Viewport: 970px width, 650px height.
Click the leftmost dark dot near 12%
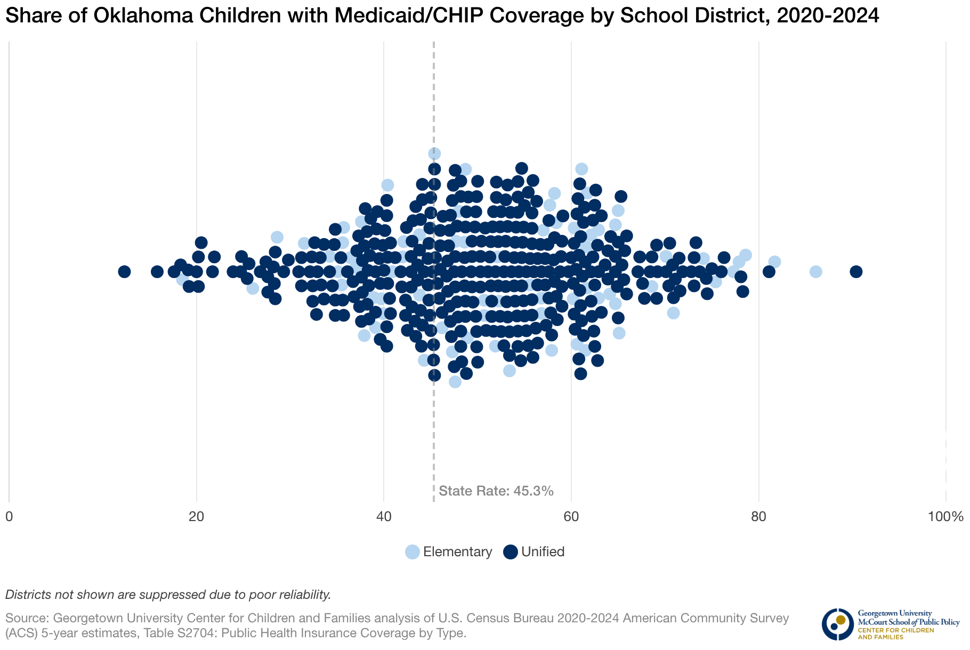click(124, 272)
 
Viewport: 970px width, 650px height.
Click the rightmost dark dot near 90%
click(856, 272)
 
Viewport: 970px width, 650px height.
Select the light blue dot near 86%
click(815, 272)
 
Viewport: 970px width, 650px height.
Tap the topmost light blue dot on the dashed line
click(434, 154)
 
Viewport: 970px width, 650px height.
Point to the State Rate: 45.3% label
click(496, 491)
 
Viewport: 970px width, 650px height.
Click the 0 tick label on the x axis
click(9, 517)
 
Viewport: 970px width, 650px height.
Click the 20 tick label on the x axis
click(197, 517)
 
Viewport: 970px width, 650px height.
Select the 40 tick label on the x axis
click(384, 517)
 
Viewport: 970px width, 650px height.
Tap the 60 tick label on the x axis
click(571, 517)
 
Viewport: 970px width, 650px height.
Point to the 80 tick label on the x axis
click(758, 517)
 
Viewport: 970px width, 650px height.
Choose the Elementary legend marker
click(413, 552)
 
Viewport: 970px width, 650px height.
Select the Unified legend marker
click(511, 552)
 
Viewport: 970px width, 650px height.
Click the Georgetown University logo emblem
click(837, 624)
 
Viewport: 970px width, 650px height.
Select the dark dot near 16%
click(157, 272)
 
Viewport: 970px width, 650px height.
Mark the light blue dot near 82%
click(774, 262)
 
